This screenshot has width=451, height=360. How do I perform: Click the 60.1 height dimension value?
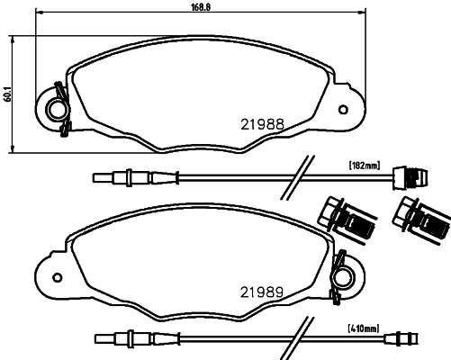(x=6, y=92)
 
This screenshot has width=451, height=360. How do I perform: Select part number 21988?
(x=261, y=124)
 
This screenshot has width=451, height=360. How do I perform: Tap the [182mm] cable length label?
(x=365, y=165)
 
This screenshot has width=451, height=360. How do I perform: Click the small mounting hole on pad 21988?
(x=342, y=110)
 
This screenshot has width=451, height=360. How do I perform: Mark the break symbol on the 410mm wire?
(x=294, y=339)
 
